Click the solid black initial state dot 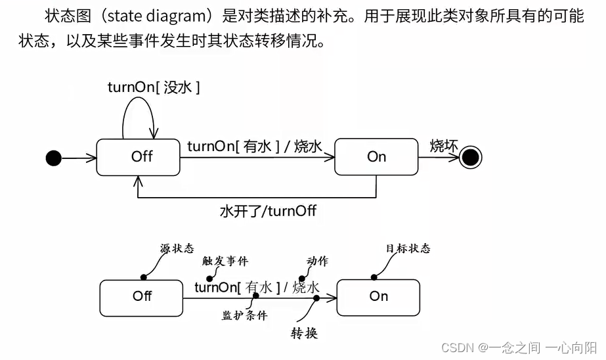click(53, 158)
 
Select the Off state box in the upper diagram click(138, 157)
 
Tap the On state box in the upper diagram click(376, 157)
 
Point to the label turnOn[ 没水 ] click(154, 87)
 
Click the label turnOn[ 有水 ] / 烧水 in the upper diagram click(255, 146)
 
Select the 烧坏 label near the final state click(444, 145)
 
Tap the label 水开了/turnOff click(268, 212)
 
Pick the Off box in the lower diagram click(141, 296)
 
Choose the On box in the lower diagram click(378, 296)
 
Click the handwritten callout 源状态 click(177, 248)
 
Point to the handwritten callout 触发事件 click(226, 261)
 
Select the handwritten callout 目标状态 click(408, 248)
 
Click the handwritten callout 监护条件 click(245, 315)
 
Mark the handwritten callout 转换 click(305, 333)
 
